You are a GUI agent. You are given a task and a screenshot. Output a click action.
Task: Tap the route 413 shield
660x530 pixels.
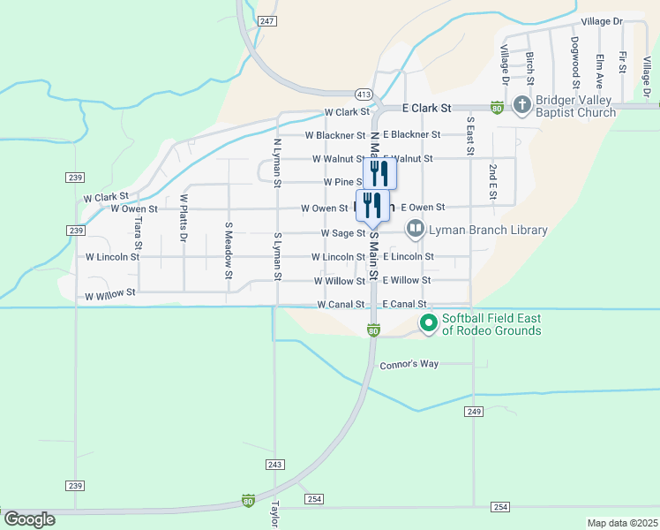point(363,93)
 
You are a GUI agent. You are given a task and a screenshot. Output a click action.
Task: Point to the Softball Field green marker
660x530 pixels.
point(429,323)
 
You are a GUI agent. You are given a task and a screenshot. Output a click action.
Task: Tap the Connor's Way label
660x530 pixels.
point(409,364)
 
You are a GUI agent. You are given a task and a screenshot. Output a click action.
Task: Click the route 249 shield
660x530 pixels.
point(475,412)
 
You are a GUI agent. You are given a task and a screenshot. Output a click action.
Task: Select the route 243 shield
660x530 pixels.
point(274,464)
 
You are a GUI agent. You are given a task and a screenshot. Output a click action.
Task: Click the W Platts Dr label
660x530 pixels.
point(184,218)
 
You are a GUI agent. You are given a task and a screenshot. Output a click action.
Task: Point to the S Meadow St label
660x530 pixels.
point(228,251)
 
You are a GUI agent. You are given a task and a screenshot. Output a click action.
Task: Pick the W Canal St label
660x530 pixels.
point(341,305)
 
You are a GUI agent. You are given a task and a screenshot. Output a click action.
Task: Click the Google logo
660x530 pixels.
point(29,519)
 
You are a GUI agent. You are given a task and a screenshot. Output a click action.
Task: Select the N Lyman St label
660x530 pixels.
point(277,162)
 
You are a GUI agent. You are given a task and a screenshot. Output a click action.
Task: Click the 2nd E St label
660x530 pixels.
point(492,181)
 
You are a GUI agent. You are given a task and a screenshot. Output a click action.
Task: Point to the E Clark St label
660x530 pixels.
point(426,107)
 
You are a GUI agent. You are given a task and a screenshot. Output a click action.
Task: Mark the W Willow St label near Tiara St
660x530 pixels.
point(110,291)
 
